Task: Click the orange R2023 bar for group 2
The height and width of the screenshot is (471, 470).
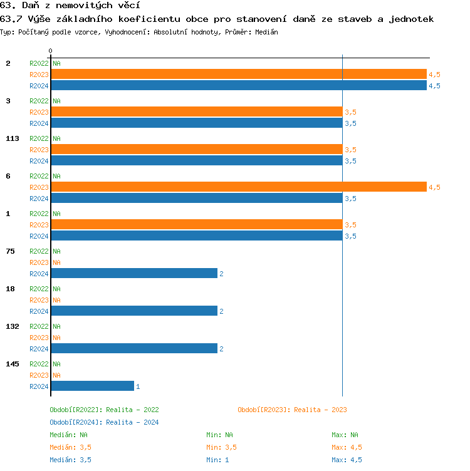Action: [238, 74]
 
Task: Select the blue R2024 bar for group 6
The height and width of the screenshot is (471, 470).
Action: [197, 199]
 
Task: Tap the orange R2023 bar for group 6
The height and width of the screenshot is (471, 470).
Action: [238, 187]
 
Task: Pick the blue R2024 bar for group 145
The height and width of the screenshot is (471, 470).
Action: [93, 386]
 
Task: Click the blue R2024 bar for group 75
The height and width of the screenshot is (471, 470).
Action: [134, 274]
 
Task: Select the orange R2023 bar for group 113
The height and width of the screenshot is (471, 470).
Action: [197, 149]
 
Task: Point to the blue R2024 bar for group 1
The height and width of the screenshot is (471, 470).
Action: [197, 236]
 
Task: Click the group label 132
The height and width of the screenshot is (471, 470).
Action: [13, 326]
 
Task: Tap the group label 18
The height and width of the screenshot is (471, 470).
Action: [10, 289]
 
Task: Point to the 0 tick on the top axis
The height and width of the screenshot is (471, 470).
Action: [51, 51]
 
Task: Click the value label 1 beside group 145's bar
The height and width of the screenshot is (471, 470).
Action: [138, 386]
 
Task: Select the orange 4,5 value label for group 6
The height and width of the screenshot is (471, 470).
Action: [434, 187]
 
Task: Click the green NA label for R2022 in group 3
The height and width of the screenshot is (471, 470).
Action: [56, 101]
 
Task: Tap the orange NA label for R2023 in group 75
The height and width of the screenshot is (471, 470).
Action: [56, 262]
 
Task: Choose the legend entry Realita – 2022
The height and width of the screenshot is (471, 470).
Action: [104, 410]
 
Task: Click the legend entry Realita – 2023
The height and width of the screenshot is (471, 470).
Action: [292, 410]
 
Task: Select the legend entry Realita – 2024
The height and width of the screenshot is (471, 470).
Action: [104, 422]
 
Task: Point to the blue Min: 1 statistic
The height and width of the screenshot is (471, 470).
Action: [217, 460]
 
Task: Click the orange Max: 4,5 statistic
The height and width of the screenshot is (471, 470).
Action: [347, 447]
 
